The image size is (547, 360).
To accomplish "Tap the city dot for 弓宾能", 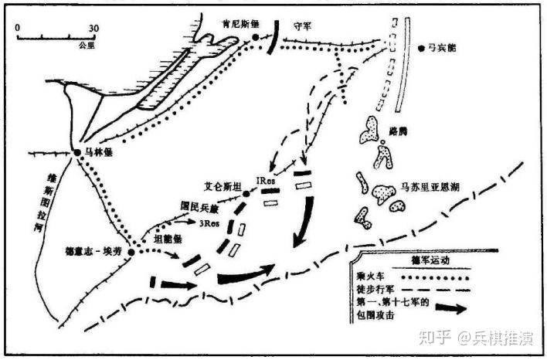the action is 422,48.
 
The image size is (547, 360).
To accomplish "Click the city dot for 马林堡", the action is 78,151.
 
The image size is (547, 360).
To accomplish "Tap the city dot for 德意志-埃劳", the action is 131,253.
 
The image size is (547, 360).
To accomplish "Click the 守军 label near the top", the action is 303,25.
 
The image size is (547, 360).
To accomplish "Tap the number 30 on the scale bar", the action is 93,29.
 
